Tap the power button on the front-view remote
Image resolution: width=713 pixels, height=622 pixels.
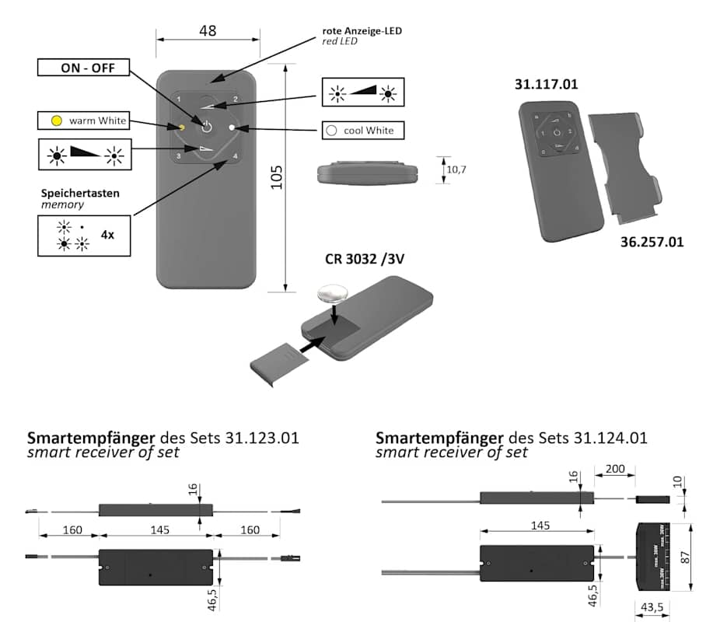(x=207, y=126)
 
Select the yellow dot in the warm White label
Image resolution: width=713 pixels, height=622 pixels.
(x=56, y=121)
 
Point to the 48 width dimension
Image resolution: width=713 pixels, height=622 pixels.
(x=207, y=30)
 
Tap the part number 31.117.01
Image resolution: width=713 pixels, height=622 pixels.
(x=546, y=84)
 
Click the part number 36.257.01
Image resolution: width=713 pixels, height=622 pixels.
(x=652, y=242)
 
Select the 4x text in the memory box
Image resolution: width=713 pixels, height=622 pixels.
(x=107, y=233)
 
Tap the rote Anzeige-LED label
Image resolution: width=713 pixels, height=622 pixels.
(x=362, y=31)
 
